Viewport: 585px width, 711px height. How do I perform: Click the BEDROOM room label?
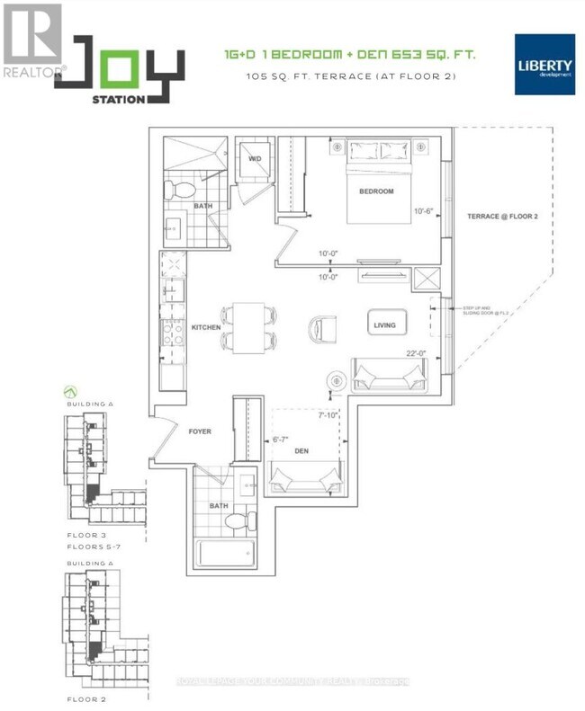(376, 191)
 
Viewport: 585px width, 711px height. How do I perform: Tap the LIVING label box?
(388, 324)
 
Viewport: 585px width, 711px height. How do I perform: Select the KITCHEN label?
(206, 328)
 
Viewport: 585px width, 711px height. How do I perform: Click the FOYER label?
(200, 431)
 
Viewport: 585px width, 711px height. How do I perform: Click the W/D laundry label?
(256, 158)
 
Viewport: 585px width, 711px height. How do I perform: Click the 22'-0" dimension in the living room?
(415, 352)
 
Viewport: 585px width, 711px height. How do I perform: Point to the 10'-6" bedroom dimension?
(424, 211)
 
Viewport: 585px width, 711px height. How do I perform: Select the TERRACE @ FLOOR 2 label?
(502, 217)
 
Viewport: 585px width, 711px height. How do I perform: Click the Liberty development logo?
(543, 64)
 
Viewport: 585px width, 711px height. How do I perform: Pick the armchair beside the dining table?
(321, 328)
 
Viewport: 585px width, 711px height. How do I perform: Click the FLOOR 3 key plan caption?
(85, 535)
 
